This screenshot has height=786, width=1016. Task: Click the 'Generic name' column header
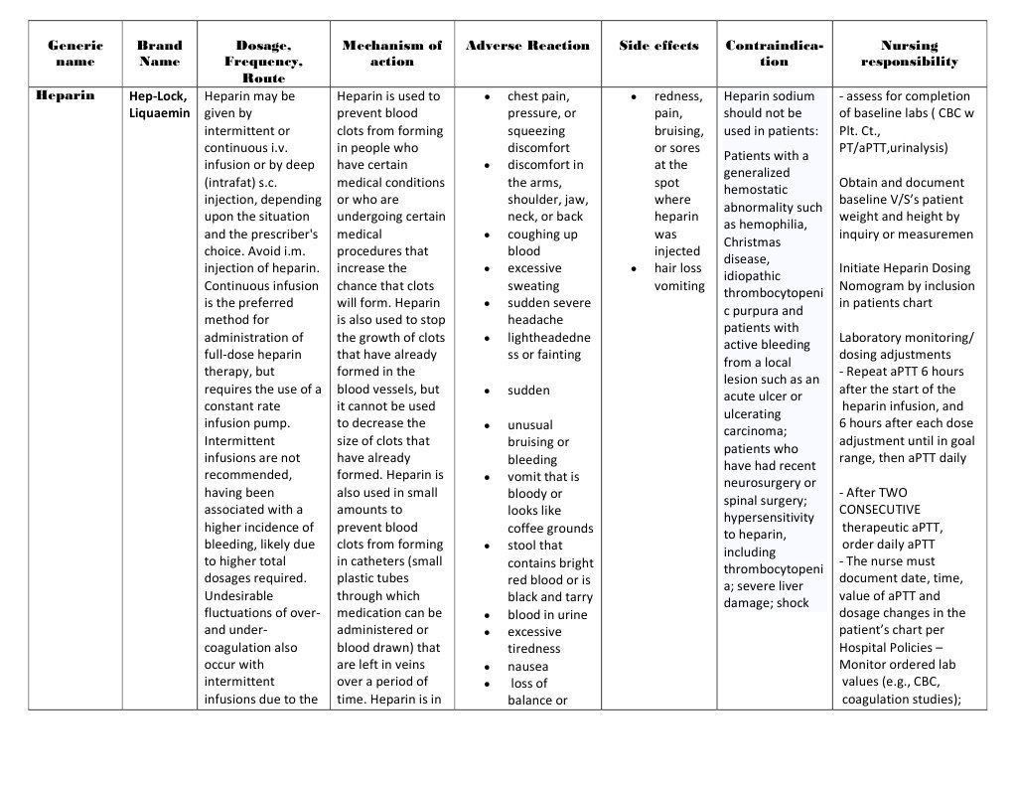pyautogui.click(x=74, y=54)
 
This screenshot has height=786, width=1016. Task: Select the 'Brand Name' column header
pyautogui.click(x=160, y=54)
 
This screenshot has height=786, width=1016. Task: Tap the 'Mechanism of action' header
pyautogui.click(x=392, y=54)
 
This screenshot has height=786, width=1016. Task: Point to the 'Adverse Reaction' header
pyautogui.click(x=527, y=46)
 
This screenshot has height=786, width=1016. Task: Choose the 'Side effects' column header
pyautogui.click(x=658, y=46)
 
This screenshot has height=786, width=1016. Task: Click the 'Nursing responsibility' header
pyautogui.click(x=909, y=54)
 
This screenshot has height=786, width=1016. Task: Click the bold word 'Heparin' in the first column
pyautogui.click(x=65, y=96)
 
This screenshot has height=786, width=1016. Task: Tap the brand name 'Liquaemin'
pyautogui.click(x=159, y=113)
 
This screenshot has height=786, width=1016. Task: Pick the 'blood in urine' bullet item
pyautogui.click(x=547, y=615)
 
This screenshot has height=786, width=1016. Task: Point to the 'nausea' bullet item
pyautogui.click(x=527, y=667)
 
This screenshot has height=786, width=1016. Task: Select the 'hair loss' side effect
pyautogui.click(x=677, y=268)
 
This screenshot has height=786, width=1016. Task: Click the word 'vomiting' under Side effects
pyautogui.click(x=679, y=286)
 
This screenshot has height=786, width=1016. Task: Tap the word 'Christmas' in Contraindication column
pyautogui.click(x=752, y=242)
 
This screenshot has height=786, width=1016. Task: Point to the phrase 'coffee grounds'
pyautogui.click(x=550, y=529)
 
